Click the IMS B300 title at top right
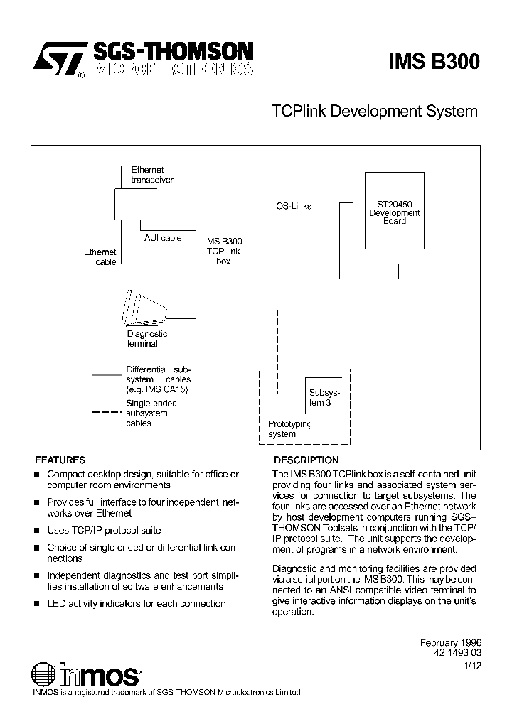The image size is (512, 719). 434,63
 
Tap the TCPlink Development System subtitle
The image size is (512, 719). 374,112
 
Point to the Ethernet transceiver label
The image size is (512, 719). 151,175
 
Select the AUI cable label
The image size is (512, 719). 163,238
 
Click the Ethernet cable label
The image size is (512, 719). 100,256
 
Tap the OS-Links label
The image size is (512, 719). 294,206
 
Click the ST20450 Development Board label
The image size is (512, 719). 395,212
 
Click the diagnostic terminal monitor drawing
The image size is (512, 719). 145,307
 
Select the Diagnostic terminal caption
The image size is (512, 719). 146,339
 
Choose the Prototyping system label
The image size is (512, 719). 289,428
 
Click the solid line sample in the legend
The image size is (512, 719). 107,374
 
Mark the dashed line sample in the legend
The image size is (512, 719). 107,412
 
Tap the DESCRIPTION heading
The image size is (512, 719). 306,460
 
